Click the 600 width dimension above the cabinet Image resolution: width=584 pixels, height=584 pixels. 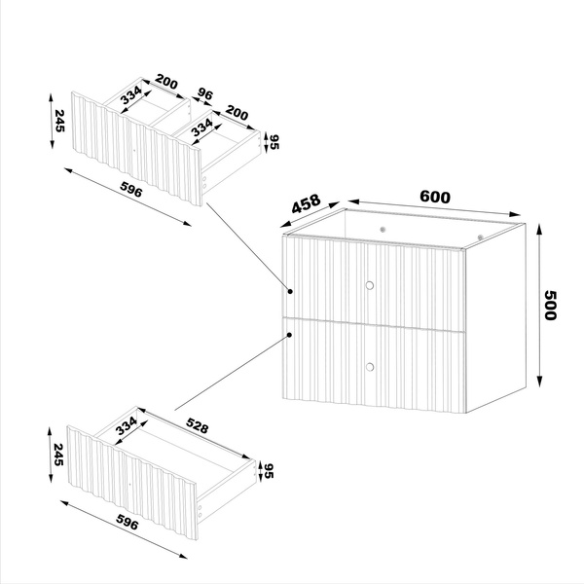point(434,196)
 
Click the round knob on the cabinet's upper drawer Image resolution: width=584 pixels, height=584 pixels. point(369,285)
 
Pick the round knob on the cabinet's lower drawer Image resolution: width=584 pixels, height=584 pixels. point(369,366)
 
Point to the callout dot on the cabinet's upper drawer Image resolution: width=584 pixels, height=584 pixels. point(290,290)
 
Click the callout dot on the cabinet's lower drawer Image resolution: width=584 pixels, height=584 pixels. point(290,336)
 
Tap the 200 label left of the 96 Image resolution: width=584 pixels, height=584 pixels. point(165,85)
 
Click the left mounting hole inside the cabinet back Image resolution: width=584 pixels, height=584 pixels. point(383,228)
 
